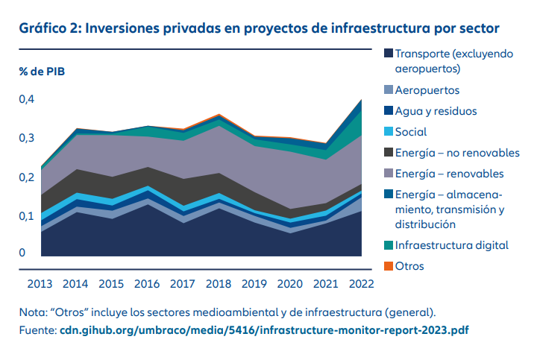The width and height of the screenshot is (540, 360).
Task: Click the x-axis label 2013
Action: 41,283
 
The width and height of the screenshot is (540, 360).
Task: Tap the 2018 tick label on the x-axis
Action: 219,283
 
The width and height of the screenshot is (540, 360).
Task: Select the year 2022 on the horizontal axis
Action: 361,283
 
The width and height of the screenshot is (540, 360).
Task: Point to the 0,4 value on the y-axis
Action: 26,99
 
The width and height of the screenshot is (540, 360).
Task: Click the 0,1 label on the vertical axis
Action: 26,216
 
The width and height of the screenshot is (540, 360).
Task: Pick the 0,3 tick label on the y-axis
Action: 26,138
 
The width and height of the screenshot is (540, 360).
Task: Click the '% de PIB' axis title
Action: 43,72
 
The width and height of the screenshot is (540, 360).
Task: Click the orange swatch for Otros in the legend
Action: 388,265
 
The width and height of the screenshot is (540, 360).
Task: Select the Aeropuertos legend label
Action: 427,90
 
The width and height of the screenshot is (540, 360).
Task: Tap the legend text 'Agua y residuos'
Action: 436,111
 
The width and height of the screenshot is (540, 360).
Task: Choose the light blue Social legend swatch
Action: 388,132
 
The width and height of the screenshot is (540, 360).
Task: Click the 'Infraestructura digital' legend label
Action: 451,244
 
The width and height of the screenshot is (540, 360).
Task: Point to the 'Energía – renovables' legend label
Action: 449,174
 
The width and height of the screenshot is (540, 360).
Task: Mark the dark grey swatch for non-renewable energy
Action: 388,153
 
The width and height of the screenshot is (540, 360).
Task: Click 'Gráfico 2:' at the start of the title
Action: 50,28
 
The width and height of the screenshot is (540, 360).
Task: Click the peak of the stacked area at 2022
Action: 362,100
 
